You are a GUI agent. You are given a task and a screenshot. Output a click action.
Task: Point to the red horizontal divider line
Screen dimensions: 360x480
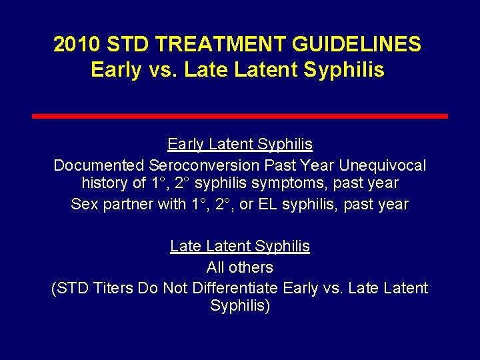tap(240, 116)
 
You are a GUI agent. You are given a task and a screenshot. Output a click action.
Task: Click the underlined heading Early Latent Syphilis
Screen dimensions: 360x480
tap(240, 144)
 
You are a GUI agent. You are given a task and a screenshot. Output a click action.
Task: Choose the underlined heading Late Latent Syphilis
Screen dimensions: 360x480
tap(240, 246)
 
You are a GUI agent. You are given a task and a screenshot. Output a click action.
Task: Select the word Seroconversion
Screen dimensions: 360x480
tap(205, 164)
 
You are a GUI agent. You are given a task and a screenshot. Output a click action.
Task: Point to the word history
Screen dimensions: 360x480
tap(104, 183)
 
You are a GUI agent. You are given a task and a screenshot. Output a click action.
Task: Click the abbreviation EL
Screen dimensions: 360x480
tap(266, 204)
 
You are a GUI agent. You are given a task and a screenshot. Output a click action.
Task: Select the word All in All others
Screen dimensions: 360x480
tap(216, 267)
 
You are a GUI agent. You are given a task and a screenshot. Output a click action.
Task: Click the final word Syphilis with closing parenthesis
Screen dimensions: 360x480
tap(240, 307)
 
